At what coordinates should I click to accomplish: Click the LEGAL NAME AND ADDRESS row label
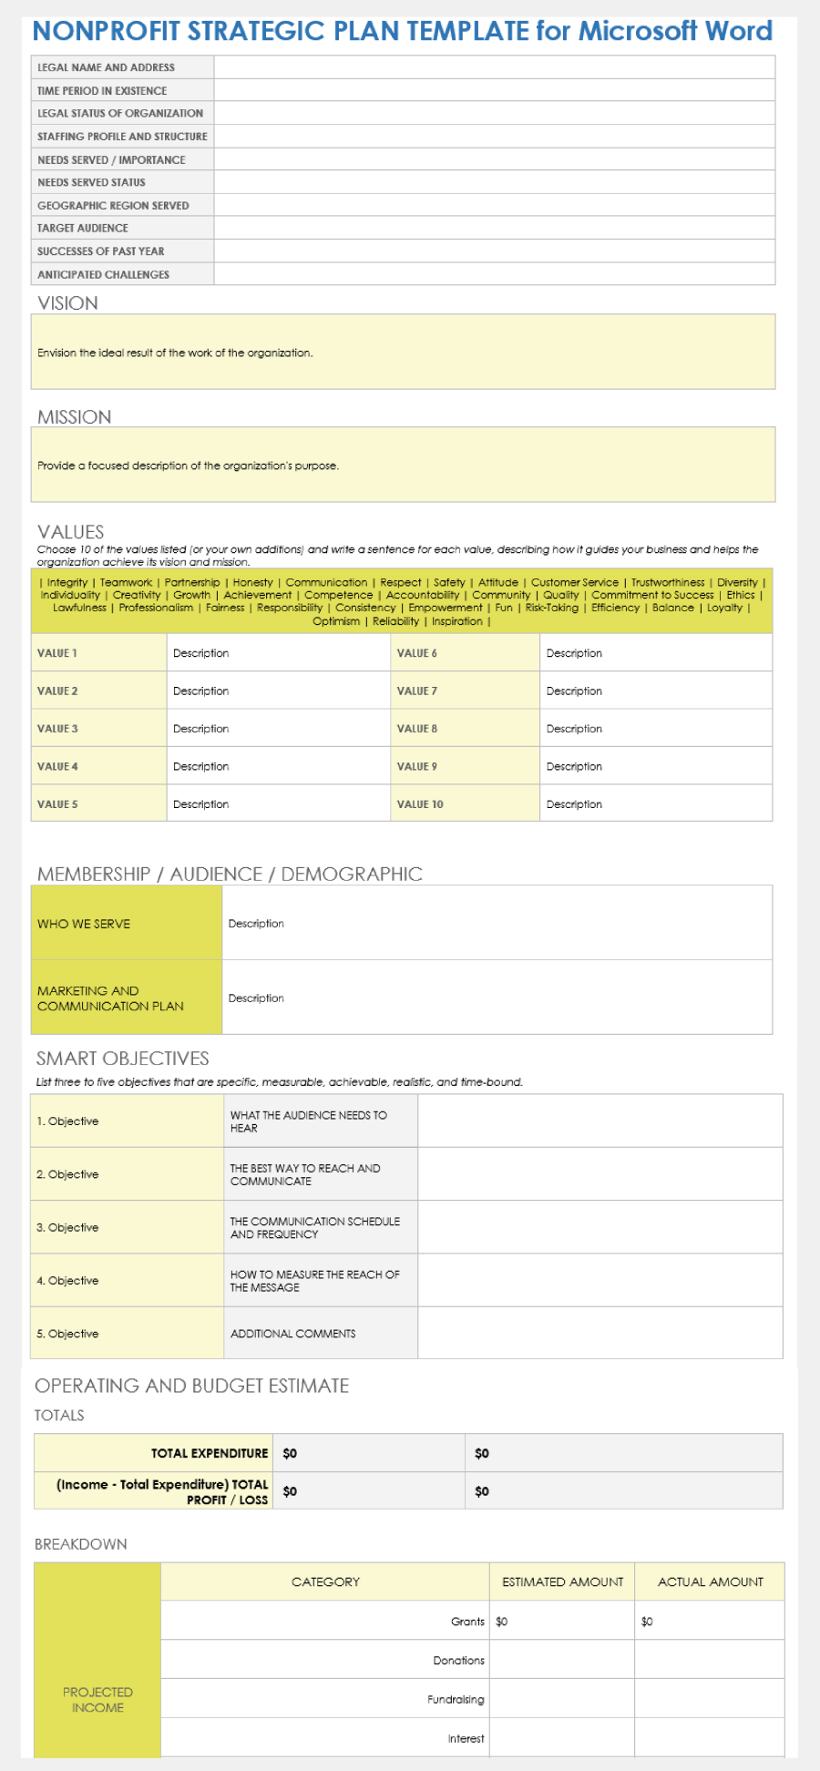tap(106, 67)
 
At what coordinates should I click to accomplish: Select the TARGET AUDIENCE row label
tap(83, 228)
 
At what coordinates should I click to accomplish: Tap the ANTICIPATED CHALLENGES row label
tap(103, 274)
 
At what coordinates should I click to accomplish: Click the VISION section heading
tap(67, 303)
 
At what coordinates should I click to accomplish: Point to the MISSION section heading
tap(74, 417)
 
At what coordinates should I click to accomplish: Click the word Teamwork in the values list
tap(126, 582)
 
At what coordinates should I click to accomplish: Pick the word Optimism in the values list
tap(336, 621)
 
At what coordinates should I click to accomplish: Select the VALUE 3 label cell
tap(57, 729)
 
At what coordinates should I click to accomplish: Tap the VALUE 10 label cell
tap(420, 804)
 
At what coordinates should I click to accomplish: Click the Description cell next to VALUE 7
tap(574, 691)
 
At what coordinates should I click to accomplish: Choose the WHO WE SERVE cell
tap(84, 924)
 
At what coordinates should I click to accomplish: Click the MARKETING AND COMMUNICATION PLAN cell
tap(110, 998)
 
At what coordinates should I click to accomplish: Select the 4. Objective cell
tap(67, 1281)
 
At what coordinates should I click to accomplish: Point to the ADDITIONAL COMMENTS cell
tap(292, 1334)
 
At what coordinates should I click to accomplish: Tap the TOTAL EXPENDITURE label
tap(210, 1453)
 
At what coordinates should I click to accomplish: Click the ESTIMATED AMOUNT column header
tap(562, 1582)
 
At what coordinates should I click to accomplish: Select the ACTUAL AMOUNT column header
tap(710, 1582)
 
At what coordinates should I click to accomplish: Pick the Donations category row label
tap(458, 1661)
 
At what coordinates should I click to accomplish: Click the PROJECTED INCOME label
tap(97, 1700)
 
